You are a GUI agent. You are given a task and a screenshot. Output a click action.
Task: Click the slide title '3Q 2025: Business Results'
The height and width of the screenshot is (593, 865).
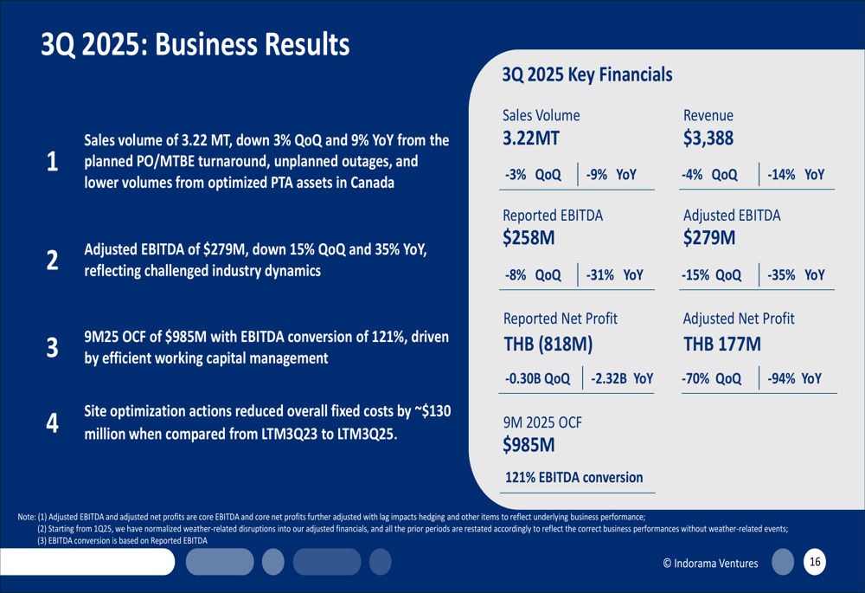195,44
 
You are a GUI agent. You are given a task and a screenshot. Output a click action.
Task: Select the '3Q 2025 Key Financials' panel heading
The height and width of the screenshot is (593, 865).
586,75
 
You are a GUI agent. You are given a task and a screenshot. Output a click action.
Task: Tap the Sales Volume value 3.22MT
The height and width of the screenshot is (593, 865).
531,139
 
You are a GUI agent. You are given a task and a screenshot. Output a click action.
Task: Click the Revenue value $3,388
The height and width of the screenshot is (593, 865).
708,139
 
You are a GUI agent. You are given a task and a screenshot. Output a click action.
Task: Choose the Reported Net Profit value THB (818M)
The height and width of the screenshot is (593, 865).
548,344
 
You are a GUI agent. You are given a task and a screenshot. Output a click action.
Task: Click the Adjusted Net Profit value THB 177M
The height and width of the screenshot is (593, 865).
721,344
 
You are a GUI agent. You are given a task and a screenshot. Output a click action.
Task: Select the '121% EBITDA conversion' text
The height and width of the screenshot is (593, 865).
574,477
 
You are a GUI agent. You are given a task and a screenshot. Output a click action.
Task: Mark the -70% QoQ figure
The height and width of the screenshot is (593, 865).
712,378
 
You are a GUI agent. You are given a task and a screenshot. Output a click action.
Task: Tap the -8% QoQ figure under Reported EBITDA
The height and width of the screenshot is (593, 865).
533,275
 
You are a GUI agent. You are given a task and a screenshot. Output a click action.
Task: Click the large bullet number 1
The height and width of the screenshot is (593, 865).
52,162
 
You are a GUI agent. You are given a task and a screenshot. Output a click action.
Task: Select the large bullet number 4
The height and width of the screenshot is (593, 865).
52,423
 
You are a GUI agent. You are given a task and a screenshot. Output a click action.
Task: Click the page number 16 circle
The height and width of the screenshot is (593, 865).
815,563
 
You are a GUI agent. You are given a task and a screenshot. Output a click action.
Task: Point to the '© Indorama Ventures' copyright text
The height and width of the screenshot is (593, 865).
710,564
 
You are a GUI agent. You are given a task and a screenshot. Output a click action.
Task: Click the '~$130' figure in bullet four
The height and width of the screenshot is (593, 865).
430,410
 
